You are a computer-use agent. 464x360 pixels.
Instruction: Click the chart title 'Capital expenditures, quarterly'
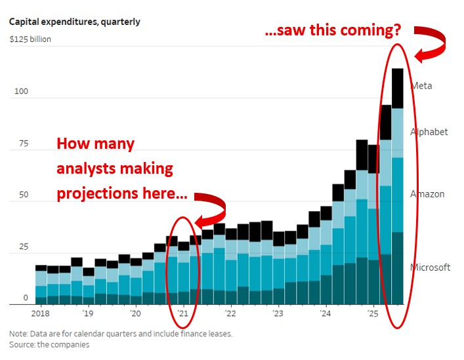point(74,22)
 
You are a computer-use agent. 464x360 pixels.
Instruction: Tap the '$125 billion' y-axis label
point(30,39)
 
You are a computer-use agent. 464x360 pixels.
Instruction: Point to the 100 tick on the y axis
point(22,91)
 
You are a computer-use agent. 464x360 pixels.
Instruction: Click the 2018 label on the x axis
point(41,313)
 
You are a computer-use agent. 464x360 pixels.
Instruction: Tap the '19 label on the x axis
point(88,313)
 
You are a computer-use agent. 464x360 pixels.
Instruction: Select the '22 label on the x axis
point(230,313)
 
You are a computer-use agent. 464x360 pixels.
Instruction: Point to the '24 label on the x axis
point(324,313)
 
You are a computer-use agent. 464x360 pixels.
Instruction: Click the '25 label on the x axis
point(372,313)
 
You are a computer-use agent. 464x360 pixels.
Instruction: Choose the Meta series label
point(421,86)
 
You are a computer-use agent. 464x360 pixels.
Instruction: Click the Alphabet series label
point(429,132)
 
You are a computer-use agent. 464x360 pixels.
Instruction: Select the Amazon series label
point(427,194)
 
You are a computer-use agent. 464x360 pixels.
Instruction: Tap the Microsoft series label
point(430,268)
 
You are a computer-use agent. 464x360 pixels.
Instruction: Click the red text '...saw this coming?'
point(332,31)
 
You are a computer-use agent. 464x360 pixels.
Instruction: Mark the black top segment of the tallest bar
point(397,88)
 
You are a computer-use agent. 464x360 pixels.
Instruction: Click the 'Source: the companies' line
point(49,344)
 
